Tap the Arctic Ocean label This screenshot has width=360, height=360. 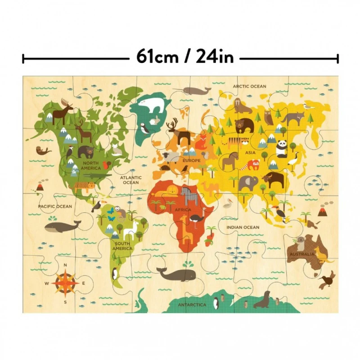(x=249, y=86)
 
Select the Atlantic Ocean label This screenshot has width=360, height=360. (x=131, y=180)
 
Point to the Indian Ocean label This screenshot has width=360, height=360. (x=243, y=227)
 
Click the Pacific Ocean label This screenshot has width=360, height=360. (x=55, y=206)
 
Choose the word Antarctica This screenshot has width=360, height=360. (x=192, y=305)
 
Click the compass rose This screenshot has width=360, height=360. (x=65, y=283)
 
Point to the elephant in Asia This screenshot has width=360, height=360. (x=248, y=183)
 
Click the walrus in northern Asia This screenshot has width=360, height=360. (x=243, y=106)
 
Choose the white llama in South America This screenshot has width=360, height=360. (x=130, y=229)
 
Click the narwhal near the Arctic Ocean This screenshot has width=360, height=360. (x=196, y=91)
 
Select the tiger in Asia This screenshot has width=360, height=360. (x=234, y=143)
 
